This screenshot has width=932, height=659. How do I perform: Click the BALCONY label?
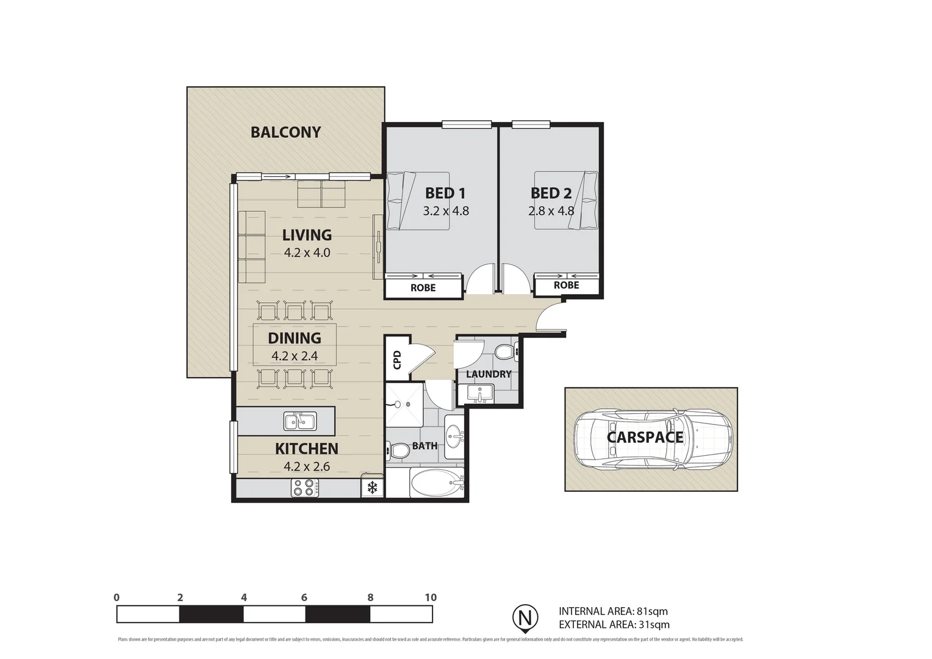pos(285,132)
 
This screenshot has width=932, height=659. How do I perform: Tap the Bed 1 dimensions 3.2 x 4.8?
pos(445,211)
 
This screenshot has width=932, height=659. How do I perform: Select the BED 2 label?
pos(551,193)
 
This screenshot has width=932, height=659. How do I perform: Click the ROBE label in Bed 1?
pos(423,287)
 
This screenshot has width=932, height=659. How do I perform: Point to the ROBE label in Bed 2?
pos(566,285)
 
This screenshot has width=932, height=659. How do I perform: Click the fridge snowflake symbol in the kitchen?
pos(372,488)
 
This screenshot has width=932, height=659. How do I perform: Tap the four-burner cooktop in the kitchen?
pos(304,488)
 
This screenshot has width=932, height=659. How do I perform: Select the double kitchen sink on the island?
pos(299,421)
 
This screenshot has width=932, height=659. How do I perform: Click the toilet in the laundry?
pos(504,352)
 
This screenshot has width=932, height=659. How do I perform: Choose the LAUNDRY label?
pos(489,374)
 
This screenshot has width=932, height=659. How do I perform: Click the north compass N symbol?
pos(524,616)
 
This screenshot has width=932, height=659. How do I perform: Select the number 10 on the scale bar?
pos(431,597)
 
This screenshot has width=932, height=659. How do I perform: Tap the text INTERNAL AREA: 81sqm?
pos(613,611)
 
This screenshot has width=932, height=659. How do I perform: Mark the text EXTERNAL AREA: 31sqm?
pos(614,624)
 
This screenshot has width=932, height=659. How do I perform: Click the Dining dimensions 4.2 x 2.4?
pos(295,356)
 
